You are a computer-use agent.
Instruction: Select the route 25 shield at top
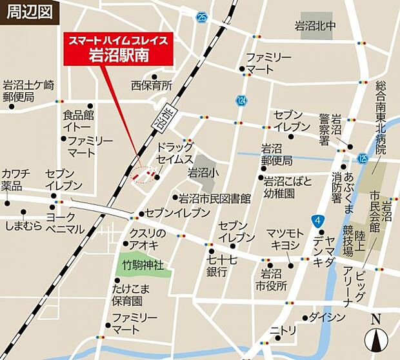coord(203,17)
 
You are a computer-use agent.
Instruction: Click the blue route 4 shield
coord(316,221)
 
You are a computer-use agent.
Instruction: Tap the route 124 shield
coord(241,101)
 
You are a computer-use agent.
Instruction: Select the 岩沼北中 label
coord(316,26)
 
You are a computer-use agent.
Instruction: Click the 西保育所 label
coord(152,85)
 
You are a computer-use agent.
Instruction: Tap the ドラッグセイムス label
coord(175,153)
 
